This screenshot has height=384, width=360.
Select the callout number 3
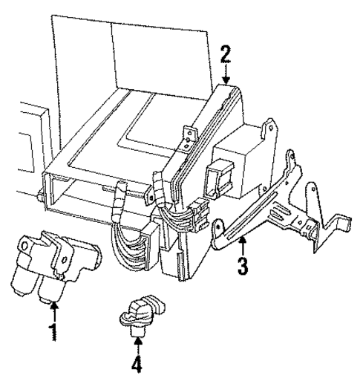[x=242, y=265]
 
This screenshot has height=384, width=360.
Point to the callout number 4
[x=137, y=365]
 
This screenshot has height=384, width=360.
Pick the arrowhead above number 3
[x=242, y=239]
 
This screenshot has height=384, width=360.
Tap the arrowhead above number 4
[x=137, y=341]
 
